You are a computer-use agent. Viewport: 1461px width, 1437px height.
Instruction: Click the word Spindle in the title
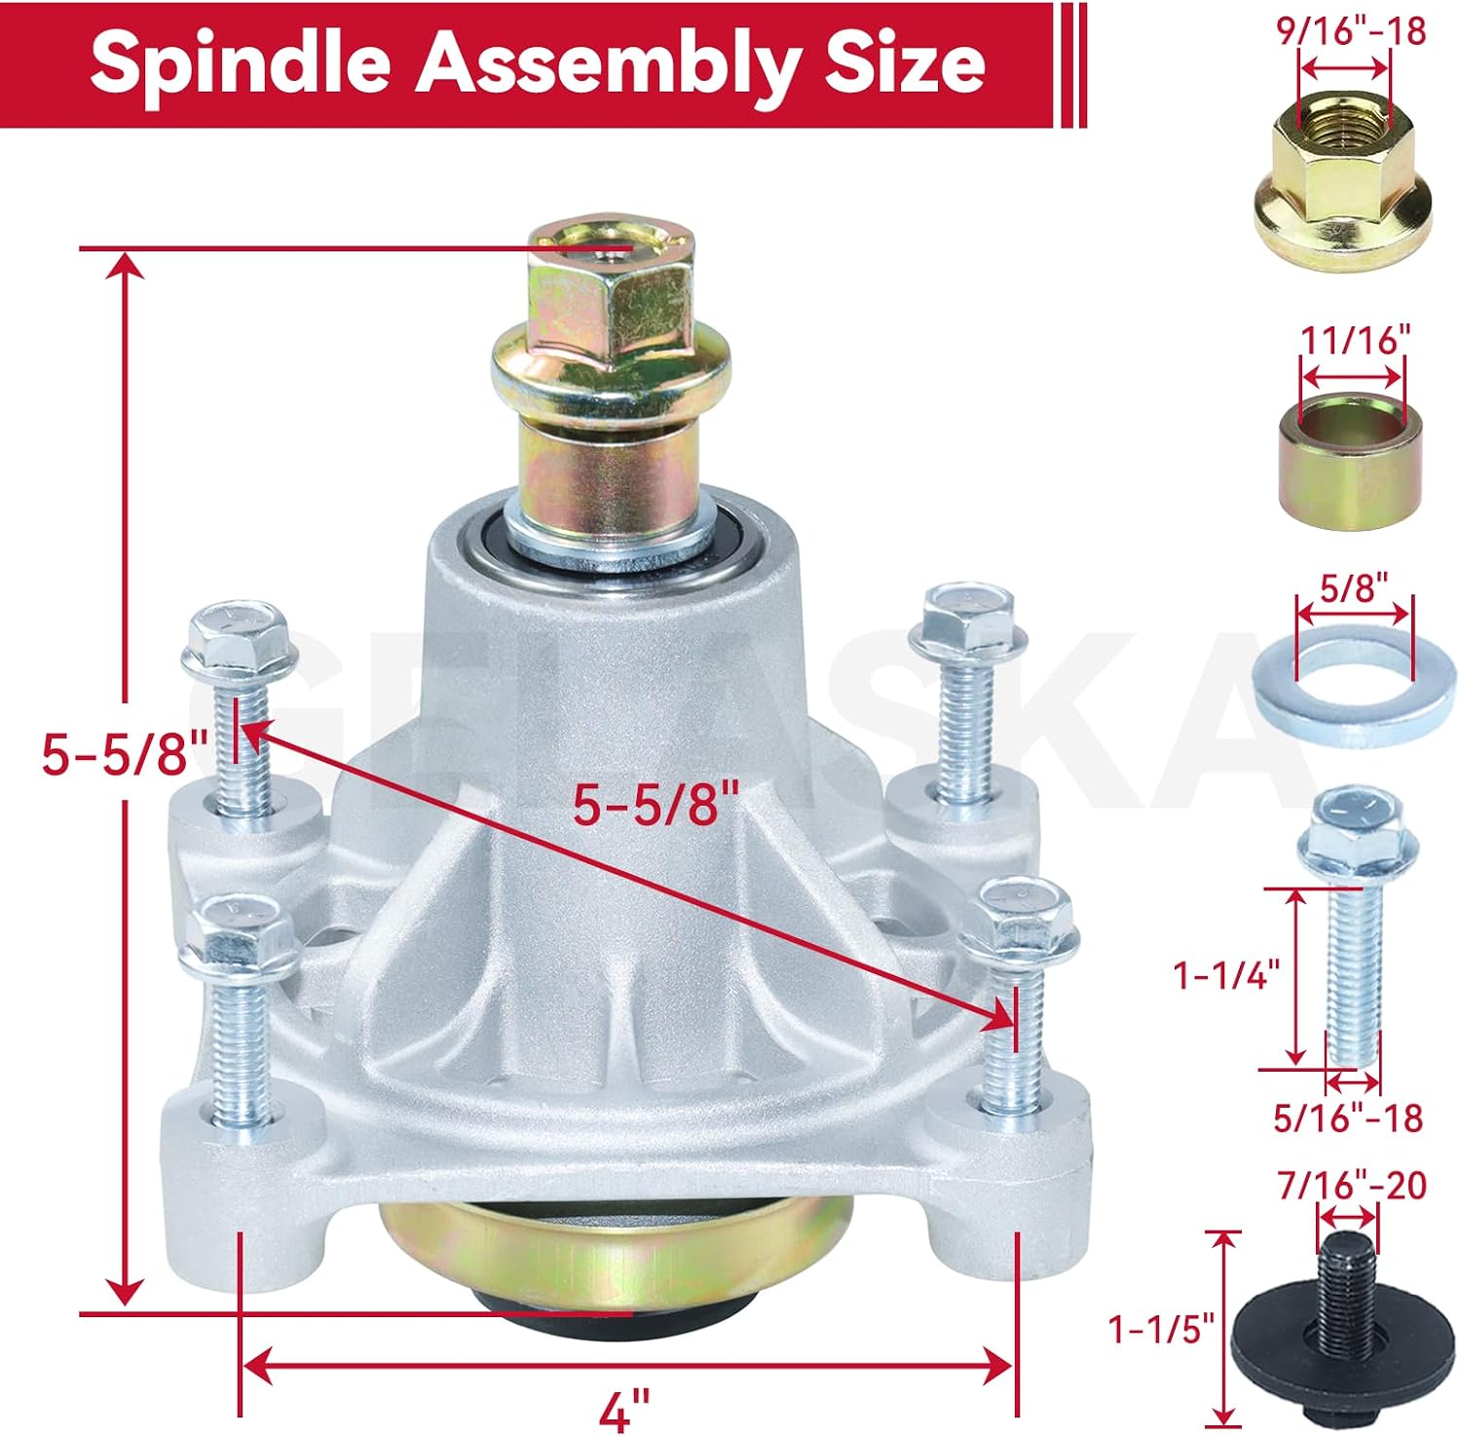[241, 63]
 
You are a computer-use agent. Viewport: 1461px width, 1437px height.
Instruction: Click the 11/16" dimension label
[1356, 340]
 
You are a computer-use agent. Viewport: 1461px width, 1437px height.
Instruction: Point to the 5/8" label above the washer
[1354, 588]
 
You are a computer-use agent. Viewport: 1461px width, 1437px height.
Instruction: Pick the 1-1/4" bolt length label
[1226, 973]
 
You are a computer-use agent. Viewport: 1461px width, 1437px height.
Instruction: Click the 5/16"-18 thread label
[1349, 1117]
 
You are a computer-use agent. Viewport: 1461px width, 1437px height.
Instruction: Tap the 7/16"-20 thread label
[1352, 1185]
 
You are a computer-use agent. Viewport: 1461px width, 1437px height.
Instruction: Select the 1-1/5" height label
[1162, 1328]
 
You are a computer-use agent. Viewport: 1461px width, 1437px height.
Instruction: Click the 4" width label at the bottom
[623, 1409]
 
